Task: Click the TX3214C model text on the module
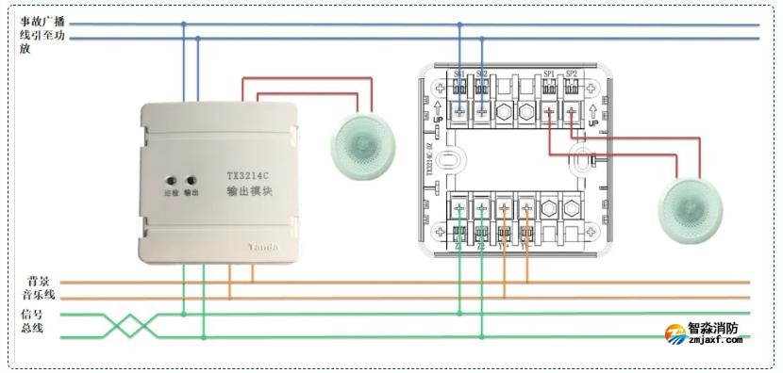249,174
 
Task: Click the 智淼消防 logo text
713,331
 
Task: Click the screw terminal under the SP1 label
549,110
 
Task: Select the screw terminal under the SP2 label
572,110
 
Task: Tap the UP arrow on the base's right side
593,115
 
